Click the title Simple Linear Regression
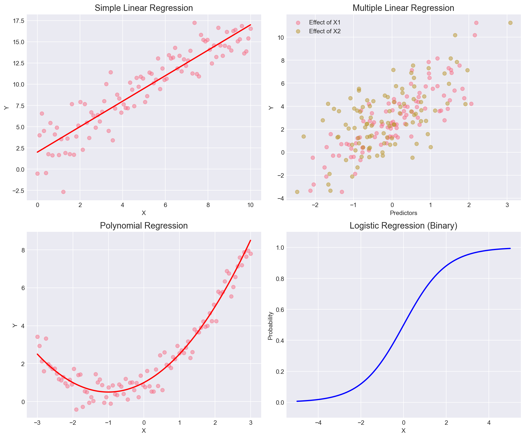point(144,8)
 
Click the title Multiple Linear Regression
point(403,8)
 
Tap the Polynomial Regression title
point(144,226)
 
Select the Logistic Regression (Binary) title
point(403,226)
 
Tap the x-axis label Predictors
point(403,212)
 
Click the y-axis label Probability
point(271,326)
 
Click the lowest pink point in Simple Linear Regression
point(63,192)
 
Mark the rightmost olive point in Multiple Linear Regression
point(510,23)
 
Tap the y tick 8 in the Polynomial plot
point(21,250)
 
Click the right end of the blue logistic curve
point(510,248)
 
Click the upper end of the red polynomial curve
point(250,240)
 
